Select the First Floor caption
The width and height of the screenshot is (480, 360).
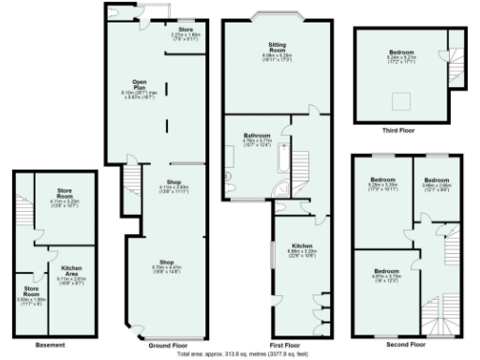pos(278,345)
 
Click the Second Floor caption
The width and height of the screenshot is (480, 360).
pos(406,345)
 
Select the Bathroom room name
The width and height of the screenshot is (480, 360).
pos(257,135)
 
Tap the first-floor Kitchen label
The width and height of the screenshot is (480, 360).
pos(300,246)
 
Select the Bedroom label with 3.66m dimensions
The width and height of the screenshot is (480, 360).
pos(436,178)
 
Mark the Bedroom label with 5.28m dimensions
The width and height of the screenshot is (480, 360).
pos(382,178)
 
